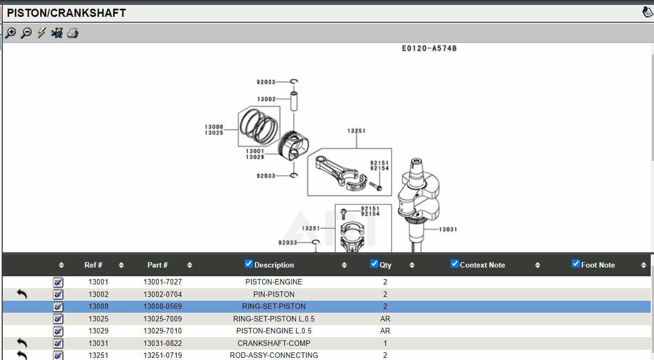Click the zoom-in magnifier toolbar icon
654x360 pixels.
tap(10, 33)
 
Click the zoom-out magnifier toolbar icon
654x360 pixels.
tap(26, 33)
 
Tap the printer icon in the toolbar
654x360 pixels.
tap(73, 33)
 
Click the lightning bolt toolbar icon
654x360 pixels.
tap(41, 33)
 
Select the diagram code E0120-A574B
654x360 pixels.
tap(429, 48)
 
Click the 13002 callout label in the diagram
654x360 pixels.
tap(266, 99)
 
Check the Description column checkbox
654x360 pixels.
tap(248, 264)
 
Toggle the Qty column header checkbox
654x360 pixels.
tap(374, 264)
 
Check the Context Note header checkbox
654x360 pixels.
tap(454, 264)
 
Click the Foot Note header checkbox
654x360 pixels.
tap(576, 264)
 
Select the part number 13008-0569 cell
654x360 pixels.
tap(163, 306)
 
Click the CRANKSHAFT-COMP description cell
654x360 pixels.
tap(273, 343)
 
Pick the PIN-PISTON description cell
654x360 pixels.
tap(273, 294)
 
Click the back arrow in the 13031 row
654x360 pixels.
tap(22, 343)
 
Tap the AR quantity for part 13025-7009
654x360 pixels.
tap(385, 319)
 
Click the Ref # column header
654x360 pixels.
tap(94, 265)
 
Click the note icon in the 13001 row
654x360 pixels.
tap(58, 282)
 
